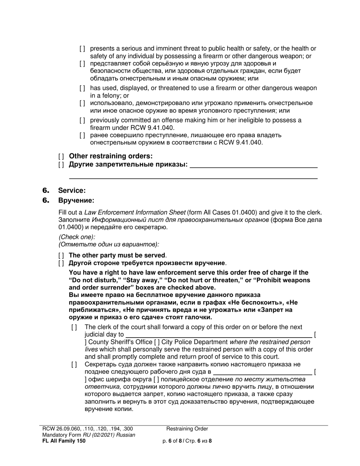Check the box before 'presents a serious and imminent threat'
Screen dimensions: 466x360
82,49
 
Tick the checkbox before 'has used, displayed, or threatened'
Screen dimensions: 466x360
82,88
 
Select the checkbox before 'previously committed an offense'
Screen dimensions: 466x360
82,120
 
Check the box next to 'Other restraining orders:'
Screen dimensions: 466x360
61,156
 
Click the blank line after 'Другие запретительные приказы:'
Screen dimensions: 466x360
253,165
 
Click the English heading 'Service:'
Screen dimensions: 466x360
72,191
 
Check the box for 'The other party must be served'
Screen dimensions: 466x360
61,255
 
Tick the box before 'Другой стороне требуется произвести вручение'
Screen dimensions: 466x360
61,263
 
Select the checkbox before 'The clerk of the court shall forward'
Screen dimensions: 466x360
74,327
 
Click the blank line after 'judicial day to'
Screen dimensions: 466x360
219,335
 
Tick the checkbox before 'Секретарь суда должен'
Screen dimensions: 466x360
74,364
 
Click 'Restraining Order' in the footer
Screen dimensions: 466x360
187,429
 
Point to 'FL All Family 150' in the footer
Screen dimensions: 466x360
64,441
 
